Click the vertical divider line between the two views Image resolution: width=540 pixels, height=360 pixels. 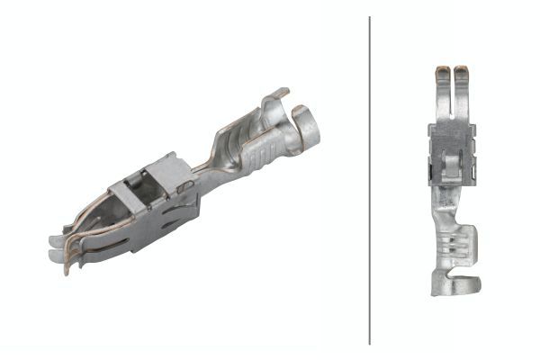370,180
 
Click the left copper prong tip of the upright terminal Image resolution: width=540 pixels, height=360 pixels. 441,70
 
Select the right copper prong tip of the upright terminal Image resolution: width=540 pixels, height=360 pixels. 460,70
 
